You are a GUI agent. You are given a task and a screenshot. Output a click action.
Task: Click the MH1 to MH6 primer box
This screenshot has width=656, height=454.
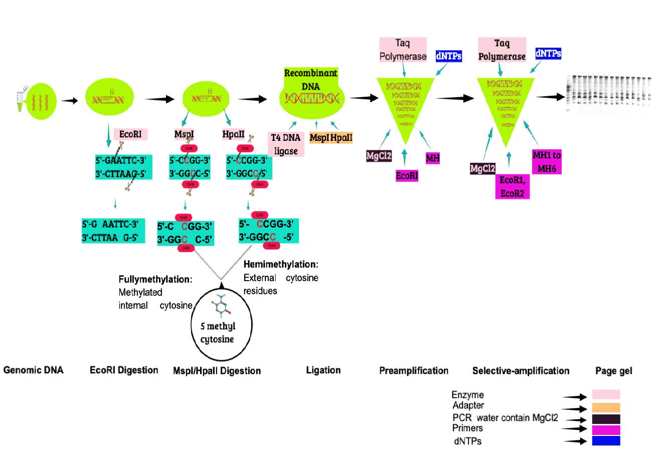coord(546,161)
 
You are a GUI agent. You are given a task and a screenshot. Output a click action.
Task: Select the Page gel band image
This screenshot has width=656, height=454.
coord(608,95)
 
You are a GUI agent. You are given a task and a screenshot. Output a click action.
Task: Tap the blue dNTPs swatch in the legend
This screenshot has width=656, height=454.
coord(606,440)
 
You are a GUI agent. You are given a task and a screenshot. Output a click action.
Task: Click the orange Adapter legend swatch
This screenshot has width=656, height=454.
coord(606,407)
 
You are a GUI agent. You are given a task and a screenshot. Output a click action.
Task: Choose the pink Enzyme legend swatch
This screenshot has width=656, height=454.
coord(606,394)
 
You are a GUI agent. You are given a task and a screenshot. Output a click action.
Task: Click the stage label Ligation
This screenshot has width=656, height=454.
coord(323,370)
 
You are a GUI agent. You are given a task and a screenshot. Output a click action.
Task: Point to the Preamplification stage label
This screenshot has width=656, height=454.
coord(414,371)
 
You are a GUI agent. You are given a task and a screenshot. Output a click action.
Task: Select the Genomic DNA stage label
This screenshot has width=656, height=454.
coord(33,371)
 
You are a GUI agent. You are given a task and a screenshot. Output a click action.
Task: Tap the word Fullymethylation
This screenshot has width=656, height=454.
coord(155,279)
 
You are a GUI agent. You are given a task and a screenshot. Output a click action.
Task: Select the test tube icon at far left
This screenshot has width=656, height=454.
coord(20,98)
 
